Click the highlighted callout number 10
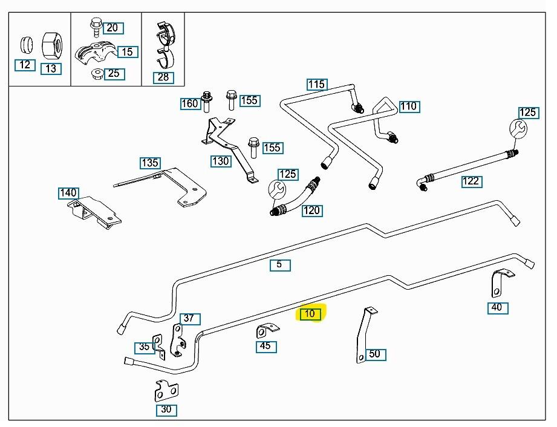click(x=310, y=314)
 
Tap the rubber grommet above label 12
click(x=25, y=44)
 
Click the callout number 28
click(x=163, y=77)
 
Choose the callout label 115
click(x=316, y=84)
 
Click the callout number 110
click(x=409, y=106)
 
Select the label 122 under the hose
click(x=471, y=181)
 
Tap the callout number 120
click(x=311, y=210)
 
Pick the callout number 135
click(x=150, y=163)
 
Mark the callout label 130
click(x=220, y=161)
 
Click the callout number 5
click(x=279, y=264)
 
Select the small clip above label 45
click(x=267, y=331)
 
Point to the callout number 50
click(x=375, y=354)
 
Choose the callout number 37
click(x=189, y=319)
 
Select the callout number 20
click(x=112, y=28)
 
